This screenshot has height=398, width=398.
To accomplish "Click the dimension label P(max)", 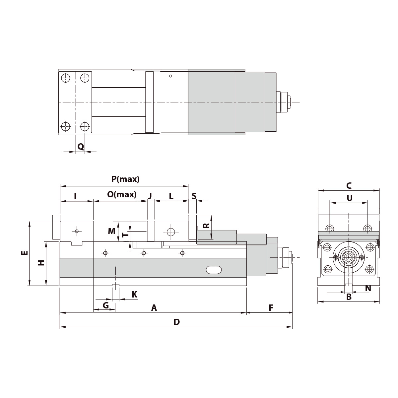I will pyautogui.click(x=125, y=179).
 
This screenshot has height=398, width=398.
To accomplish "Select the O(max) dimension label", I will pyautogui.click(x=122, y=195).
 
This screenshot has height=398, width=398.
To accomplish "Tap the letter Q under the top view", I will pyautogui.click(x=81, y=146).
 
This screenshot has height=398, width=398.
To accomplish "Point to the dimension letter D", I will pyautogui.click(x=176, y=322).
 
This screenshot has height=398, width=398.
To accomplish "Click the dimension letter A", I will pyautogui.click(x=154, y=308).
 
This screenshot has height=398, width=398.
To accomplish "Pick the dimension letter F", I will pyautogui.click(x=271, y=308).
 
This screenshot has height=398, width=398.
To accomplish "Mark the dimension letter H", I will pyautogui.click(x=41, y=263).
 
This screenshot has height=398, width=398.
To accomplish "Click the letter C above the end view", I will pyautogui.click(x=349, y=185).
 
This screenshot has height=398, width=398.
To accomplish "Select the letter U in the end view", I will pyautogui.click(x=349, y=198).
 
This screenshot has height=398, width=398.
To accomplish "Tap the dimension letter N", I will pyautogui.click(x=368, y=288).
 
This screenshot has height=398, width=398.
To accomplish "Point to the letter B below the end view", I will pyautogui.click(x=349, y=297).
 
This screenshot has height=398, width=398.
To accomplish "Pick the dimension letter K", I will pyautogui.click(x=134, y=294).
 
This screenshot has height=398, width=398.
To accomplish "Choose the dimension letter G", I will pyautogui.click(x=105, y=305).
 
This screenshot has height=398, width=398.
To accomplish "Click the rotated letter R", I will pyautogui.click(x=206, y=226).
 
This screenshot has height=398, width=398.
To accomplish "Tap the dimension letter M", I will pyautogui.click(x=112, y=231).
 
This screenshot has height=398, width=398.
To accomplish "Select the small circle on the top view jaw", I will pyautogui.click(x=170, y=76).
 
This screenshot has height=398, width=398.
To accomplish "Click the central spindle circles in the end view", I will pyautogui.click(x=349, y=257).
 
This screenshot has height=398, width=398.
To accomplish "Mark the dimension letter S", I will pyautogui.click(x=194, y=196).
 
